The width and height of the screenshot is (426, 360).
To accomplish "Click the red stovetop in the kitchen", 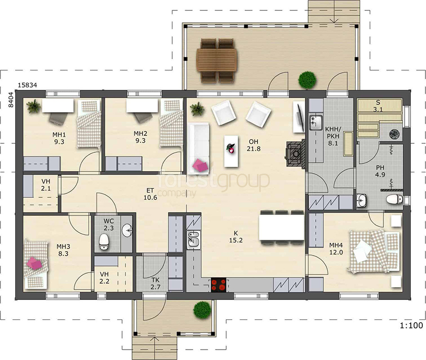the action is (218, 285).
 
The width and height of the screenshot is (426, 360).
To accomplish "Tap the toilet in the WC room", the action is (104, 242).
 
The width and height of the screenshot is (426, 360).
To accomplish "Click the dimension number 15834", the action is (27, 85).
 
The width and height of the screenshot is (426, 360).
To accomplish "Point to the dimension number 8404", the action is (11, 100).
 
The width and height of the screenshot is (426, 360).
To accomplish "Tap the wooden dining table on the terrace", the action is (217, 60).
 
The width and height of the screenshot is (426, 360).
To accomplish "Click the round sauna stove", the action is (394, 133).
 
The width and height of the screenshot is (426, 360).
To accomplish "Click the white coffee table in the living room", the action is (231, 151).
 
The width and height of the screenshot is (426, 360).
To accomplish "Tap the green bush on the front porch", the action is (202, 310).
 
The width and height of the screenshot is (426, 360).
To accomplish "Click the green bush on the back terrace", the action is (307, 80).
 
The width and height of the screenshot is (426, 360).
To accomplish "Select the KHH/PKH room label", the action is (333, 136).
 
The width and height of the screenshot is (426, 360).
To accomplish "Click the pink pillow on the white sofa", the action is (200, 165).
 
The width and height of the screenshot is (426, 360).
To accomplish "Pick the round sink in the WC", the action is (127, 230).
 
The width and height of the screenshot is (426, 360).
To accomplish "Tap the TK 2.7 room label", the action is (155, 283).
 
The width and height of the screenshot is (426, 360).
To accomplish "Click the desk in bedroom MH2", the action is (142, 105).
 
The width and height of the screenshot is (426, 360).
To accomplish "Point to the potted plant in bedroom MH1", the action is (34, 106).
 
